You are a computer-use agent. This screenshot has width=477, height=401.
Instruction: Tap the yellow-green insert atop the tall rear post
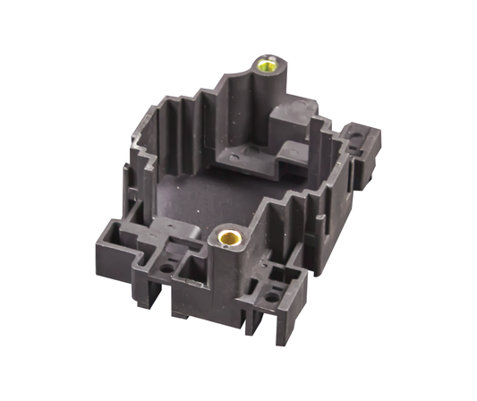coord(266,64)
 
